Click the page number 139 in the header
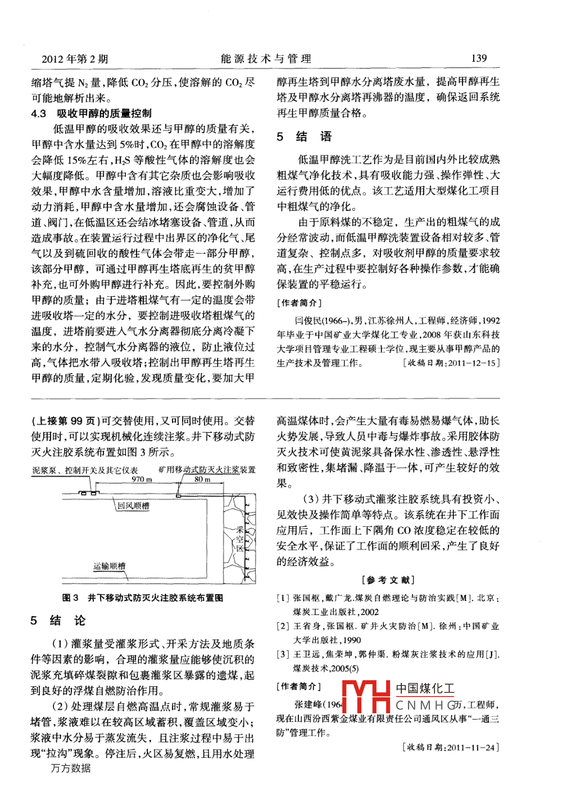pos(479,58)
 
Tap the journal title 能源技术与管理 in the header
pos(266,58)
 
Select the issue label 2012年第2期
pos(75,59)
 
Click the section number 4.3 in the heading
pos(39,114)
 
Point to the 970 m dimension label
pos(142,480)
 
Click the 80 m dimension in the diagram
pos(202,480)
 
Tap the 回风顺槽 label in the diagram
pos(133,506)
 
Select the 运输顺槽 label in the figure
pos(110,566)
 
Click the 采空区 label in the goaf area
pos(240,539)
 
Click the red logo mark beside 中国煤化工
pos(366,696)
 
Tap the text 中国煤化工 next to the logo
pos(425,689)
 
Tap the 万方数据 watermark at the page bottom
pos(71,768)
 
